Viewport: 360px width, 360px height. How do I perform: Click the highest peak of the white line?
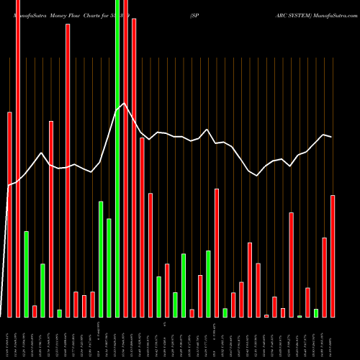click(125, 103)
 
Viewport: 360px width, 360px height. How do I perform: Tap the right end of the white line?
click(332, 137)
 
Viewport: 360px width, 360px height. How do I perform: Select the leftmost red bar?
click(9, 215)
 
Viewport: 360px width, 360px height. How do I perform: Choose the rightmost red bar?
click(333, 256)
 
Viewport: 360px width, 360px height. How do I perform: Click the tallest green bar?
click(117, 158)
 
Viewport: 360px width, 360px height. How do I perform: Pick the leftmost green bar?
click(27, 274)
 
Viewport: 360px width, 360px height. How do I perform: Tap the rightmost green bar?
click(316, 312)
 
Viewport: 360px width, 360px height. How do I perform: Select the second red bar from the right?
click(324, 277)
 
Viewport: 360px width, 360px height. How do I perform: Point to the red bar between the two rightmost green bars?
click(307, 302)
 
